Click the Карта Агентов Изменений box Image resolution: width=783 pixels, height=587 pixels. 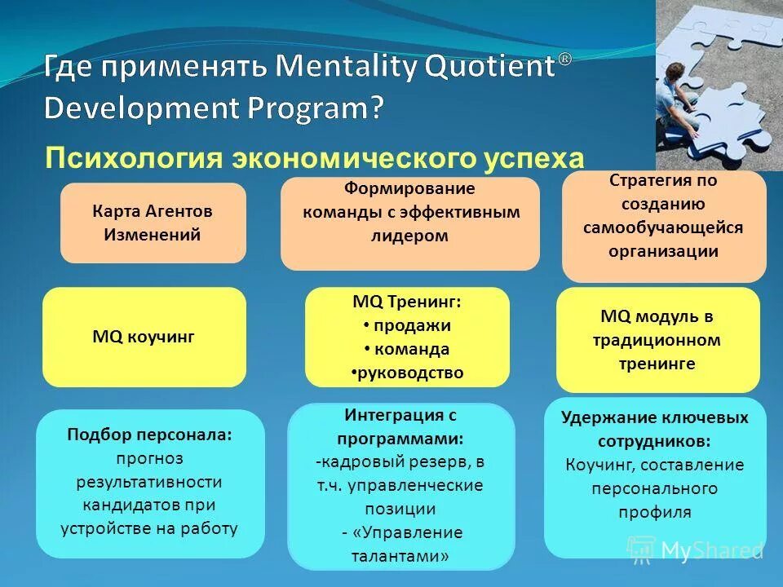click(153, 223)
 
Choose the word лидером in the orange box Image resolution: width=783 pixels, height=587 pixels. click(410, 236)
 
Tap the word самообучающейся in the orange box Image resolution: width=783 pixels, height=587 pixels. click(663, 227)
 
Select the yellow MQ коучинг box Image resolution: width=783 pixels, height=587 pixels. click(144, 336)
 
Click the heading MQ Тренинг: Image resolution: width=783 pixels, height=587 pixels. click(407, 302)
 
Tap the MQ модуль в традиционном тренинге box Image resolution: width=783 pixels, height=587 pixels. click(657, 339)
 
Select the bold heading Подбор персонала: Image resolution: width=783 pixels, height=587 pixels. click(149, 435)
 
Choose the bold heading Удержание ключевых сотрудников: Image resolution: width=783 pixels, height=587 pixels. click(655, 429)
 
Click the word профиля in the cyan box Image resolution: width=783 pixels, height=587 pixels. click(655, 512)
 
